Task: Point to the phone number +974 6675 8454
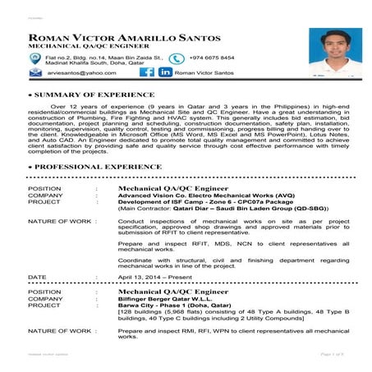coord(212,58)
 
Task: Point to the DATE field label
coord(38,278)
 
